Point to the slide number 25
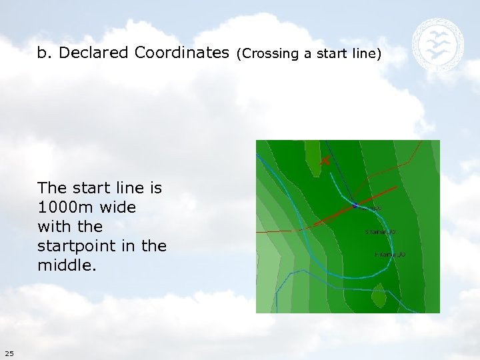[x=8, y=353]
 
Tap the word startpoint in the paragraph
[x=72, y=246]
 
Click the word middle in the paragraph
[x=65, y=265]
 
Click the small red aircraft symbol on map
[x=325, y=160]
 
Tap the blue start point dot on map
[x=355, y=205]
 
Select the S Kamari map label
[x=381, y=232]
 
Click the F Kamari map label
[x=389, y=255]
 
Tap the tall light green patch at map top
[x=312, y=157]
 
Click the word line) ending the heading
[x=367, y=53]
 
